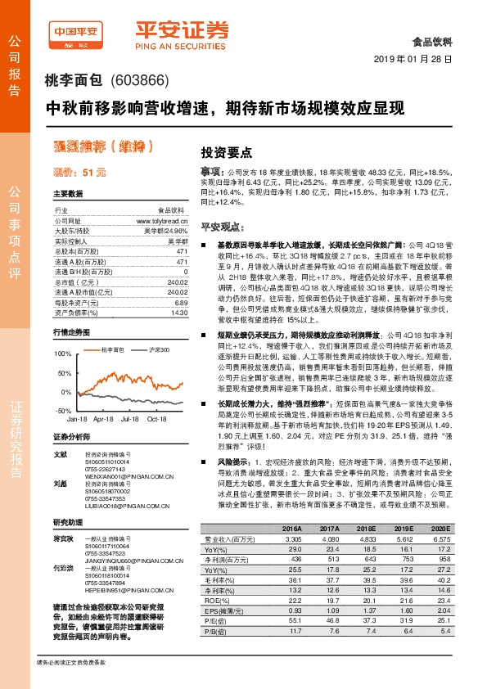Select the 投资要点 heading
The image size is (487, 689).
(x=227, y=152)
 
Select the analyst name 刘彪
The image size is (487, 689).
(x=60, y=484)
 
